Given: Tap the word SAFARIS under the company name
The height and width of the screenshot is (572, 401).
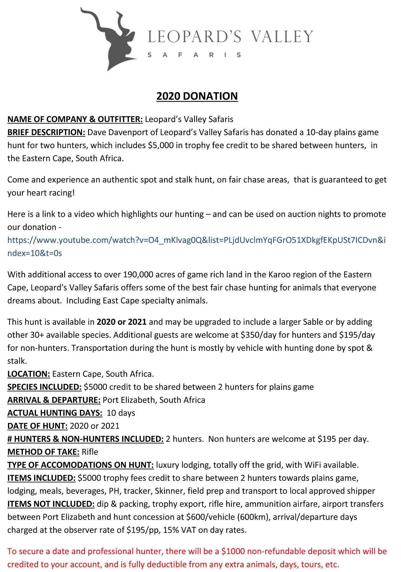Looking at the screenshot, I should click(194, 55).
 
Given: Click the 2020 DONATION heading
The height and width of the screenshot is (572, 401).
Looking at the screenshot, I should click(197, 96).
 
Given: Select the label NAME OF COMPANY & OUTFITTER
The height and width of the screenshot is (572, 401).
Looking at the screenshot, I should click(75, 119).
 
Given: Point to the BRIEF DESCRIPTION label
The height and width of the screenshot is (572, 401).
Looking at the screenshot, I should click(46, 133).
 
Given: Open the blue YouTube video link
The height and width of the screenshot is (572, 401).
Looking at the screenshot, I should click(196, 240).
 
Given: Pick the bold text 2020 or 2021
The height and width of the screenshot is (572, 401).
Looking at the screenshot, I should click(121, 322).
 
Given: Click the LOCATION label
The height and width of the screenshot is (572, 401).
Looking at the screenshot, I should click(29, 374).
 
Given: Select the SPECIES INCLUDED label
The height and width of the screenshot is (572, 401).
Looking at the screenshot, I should click(44, 387).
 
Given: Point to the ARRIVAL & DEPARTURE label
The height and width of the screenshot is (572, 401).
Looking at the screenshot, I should click(54, 400).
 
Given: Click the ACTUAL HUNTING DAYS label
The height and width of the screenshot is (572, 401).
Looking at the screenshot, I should click(55, 413).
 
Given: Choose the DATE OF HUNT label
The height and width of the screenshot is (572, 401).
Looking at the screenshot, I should click(37, 426).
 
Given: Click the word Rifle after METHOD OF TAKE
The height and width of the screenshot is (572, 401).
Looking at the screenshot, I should click(90, 452).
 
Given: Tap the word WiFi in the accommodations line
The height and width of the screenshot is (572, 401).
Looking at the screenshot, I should click(313, 465).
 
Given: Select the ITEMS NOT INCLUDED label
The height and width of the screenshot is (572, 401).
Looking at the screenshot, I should click(51, 504).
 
